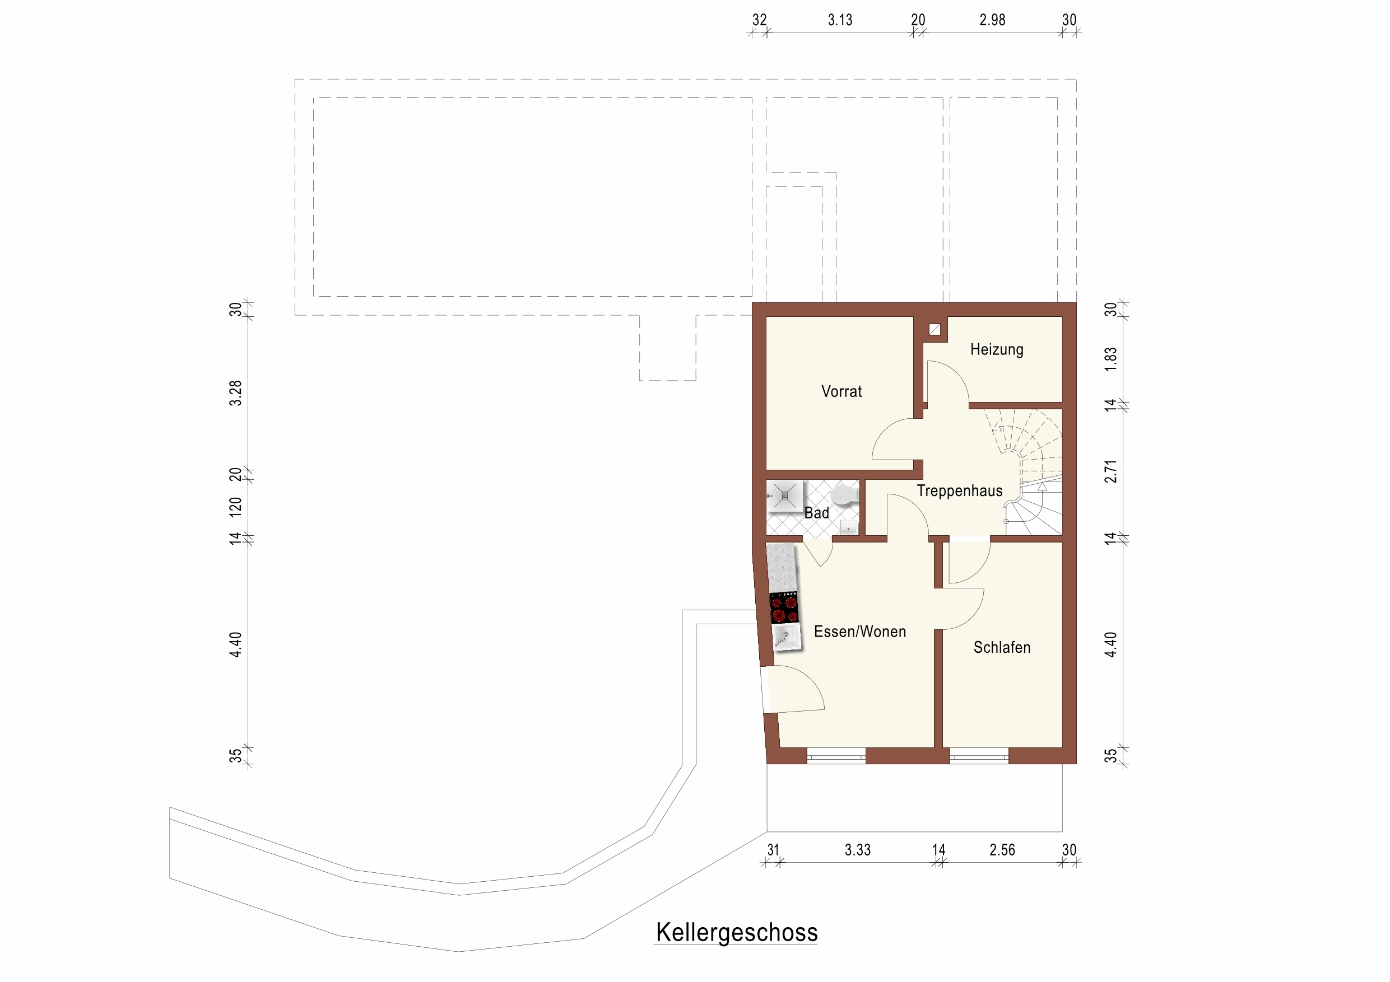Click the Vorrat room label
pos(842,391)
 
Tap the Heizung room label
pos(997,350)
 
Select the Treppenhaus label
pos(960,490)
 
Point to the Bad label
pos(817,513)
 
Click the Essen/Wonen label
pos(859,632)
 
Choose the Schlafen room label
pos(1002,647)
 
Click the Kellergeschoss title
pos(737,932)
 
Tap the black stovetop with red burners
pos(784,609)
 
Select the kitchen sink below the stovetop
pos(787,638)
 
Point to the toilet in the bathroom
pos(844,494)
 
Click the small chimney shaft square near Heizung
pos(935,330)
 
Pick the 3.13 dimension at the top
pos(840,20)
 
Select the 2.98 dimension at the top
pos(992,20)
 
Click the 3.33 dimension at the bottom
pos(858,850)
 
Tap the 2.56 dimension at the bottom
pos(1002,850)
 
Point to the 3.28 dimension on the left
pos(235,393)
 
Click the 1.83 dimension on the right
pos(1110,359)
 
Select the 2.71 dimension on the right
pos(1110,472)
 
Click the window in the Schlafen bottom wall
pos(979,756)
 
